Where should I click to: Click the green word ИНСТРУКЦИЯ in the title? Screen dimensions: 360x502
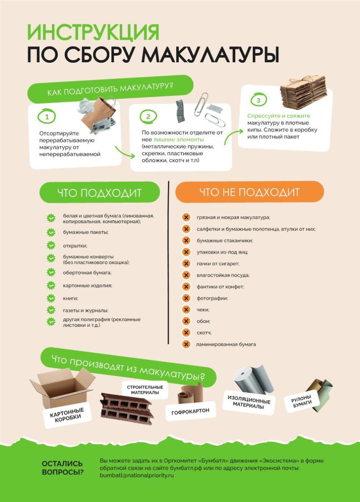(x=93, y=32)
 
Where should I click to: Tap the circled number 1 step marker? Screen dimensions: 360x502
(x=47, y=117)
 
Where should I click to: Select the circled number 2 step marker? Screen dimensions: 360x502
(x=148, y=117)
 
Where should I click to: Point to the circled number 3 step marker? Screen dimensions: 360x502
(x=258, y=100)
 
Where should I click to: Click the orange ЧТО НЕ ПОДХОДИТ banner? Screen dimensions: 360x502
(x=249, y=192)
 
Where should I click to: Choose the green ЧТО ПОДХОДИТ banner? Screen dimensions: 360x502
(x=100, y=192)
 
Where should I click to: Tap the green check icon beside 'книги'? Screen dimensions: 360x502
(x=51, y=298)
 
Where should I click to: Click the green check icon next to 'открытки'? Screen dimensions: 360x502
(x=51, y=246)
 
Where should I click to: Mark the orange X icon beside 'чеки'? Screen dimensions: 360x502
(x=186, y=310)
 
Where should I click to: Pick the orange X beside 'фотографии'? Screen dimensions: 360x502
(x=186, y=298)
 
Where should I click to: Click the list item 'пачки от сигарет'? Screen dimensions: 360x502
(x=218, y=264)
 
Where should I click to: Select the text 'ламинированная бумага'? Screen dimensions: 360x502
(x=226, y=344)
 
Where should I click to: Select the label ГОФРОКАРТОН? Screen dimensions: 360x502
(x=190, y=411)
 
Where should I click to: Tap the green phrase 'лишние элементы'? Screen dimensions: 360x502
(x=179, y=139)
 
